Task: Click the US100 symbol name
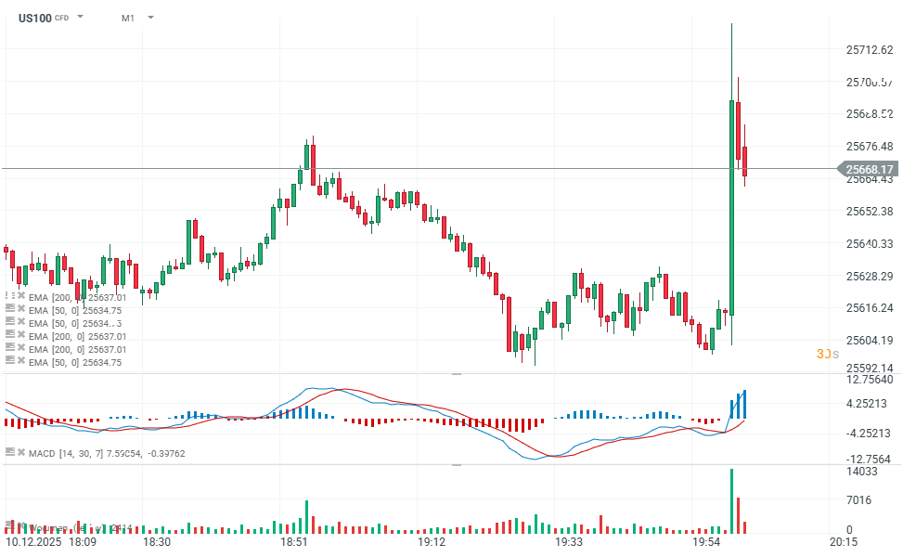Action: tap(34, 17)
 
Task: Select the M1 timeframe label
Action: tap(127, 17)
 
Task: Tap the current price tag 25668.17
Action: tap(870, 169)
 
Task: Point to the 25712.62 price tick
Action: tap(870, 49)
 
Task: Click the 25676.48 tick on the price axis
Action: tap(870, 147)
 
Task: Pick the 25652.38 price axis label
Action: tap(870, 212)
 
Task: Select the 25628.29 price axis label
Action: tap(870, 276)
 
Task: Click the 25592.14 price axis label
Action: tap(870, 368)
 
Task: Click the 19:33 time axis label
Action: tap(567, 541)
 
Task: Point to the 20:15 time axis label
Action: tap(843, 541)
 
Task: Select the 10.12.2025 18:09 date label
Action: tap(50, 541)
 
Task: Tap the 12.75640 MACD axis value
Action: tap(870, 379)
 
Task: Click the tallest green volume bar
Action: tap(731, 501)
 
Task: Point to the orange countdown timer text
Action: tap(827, 354)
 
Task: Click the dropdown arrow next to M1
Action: tap(150, 17)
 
